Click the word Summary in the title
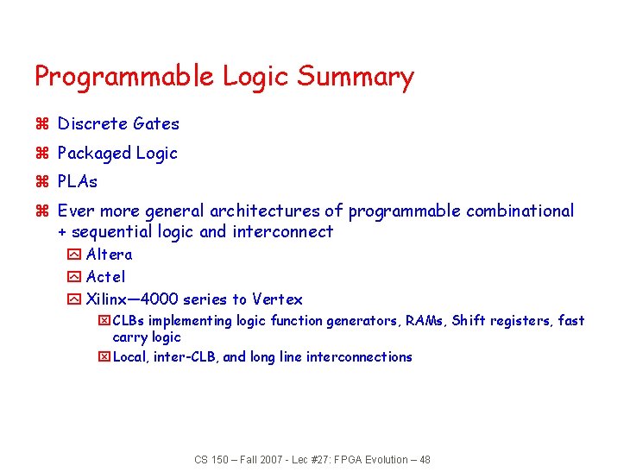pos(356,78)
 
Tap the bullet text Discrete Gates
pos(118,124)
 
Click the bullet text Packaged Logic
pos(117,154)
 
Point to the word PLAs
pos(78,182)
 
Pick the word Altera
pos(110,255)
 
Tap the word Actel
pos(106,277)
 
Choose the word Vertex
pos(277,299)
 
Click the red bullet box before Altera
pos(73,255)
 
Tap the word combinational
pos(520,211)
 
